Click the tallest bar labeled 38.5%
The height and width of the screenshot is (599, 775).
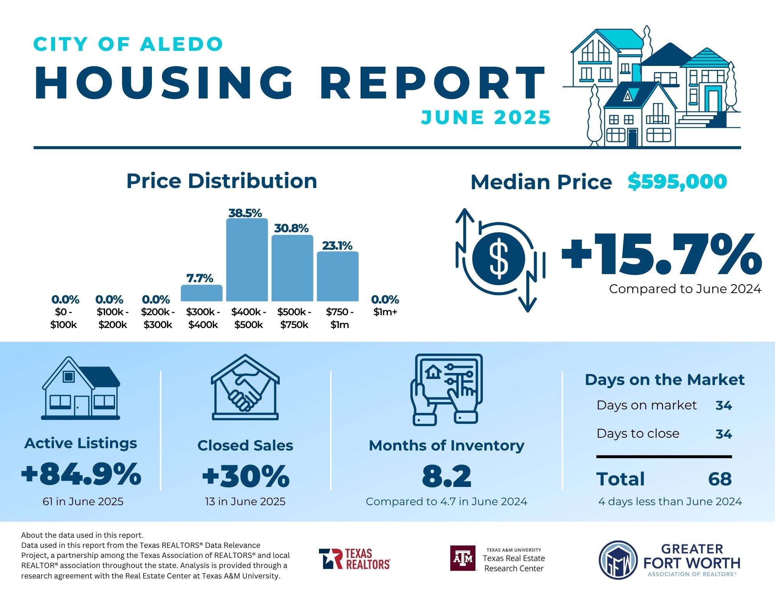click(247, 260)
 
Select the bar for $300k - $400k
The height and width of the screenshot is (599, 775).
click(201, 293)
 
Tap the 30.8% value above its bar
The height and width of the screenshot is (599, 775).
click(291, 228)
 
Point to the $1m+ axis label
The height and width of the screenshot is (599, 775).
click(385, 312)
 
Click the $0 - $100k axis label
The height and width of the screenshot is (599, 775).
click(64, 318)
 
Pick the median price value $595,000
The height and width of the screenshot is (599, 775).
click(677, 181)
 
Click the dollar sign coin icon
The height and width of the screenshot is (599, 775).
click(499, 258)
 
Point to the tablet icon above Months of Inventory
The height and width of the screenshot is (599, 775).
click(447, 389)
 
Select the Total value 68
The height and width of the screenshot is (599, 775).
click(720, 479)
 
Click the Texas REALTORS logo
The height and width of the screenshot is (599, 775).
click(355, 559)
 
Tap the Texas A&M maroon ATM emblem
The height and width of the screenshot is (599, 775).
click(463, 558)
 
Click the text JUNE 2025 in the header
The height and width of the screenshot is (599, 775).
click(486, 117)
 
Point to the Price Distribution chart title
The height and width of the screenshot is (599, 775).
click(222, 181)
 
